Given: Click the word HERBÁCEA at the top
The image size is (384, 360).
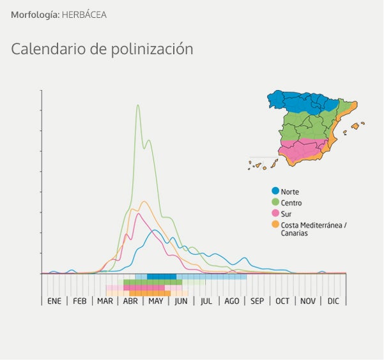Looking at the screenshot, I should pos(84,14).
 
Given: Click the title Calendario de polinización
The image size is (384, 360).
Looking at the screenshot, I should pos(102,49).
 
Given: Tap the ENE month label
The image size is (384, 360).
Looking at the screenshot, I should pos(54,301).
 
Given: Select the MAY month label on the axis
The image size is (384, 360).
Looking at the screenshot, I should pos(156,301).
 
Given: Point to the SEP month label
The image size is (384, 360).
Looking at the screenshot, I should pos(257,301).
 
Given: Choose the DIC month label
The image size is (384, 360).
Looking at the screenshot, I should pos(334,301).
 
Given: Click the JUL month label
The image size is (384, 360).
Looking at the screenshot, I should pos(206,301).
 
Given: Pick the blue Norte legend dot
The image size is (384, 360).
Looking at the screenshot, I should pos(275,191).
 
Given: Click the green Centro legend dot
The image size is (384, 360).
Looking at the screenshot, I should pos(275,202).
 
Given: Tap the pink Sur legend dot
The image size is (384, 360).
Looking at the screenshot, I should pos(275,213).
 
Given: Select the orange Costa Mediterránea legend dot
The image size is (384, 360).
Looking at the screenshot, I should pos(275,224).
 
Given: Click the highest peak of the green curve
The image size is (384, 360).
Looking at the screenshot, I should pos(138,105).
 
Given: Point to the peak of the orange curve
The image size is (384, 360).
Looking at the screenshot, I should pos(144,202).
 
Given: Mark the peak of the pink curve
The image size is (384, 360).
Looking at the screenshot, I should pos(138,214).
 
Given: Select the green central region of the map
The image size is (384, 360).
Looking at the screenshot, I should pos(307,124).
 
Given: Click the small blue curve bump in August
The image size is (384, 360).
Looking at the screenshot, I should pos(244,259).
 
